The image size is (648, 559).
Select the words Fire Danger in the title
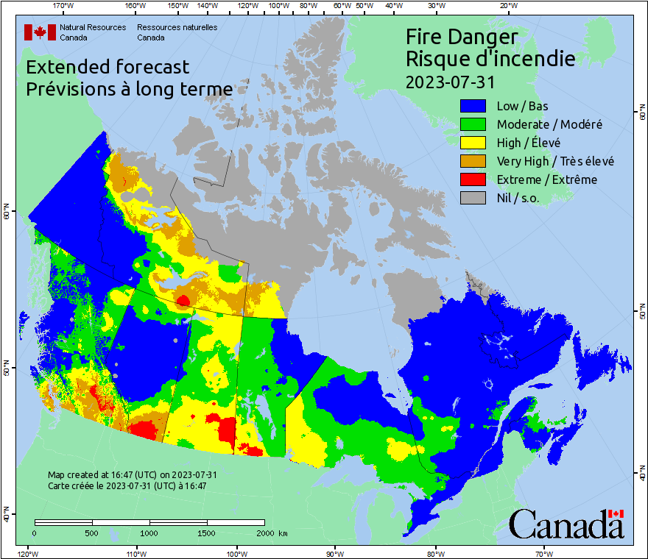(x=462, y=37)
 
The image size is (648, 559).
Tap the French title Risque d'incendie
(x=490, y=59)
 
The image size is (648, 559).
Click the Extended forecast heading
(x=108, y=67)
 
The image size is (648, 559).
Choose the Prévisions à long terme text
(x=129, y=89)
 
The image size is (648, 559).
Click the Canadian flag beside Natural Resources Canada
(x=40, y=32)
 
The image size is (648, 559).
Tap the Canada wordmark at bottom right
(x=566, y=524)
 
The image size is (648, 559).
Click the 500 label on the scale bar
(x=91, y=533)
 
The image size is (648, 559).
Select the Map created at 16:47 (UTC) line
(x=132, y=475)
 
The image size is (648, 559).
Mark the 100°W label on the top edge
(x=278, y=7)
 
